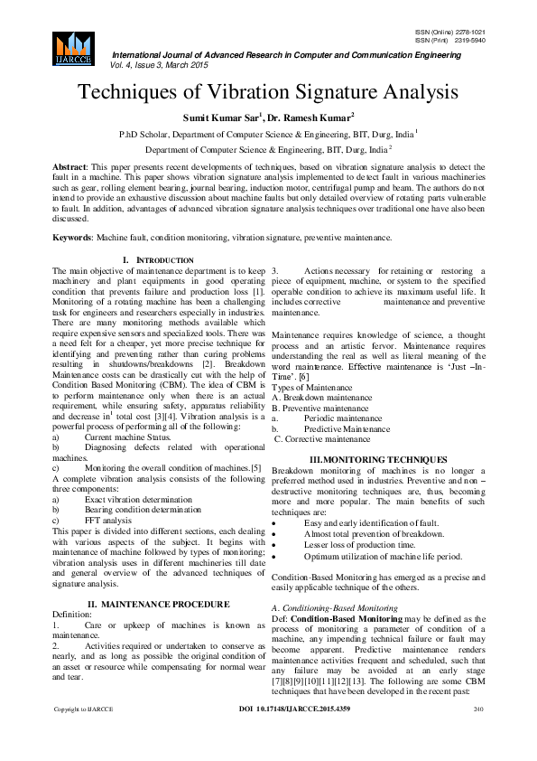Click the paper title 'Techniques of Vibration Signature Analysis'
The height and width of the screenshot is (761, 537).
pos(268,92)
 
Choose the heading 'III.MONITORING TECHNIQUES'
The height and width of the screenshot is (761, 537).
pos(378,460)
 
